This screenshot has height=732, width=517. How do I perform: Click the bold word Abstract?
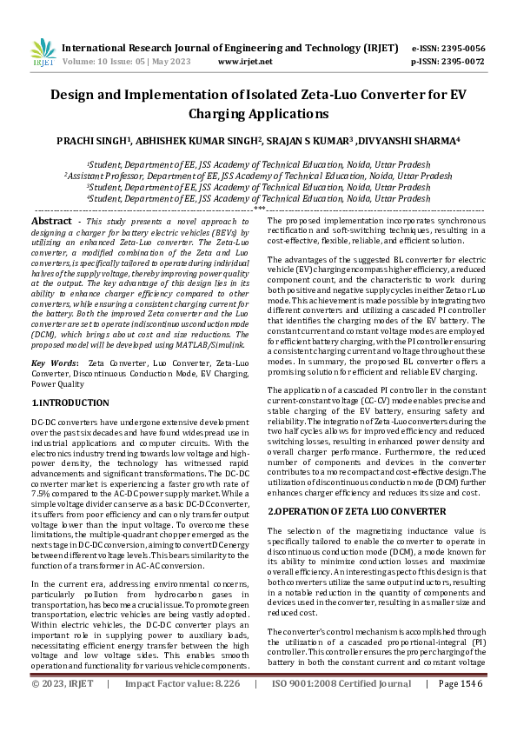click(x=51, y=222)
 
